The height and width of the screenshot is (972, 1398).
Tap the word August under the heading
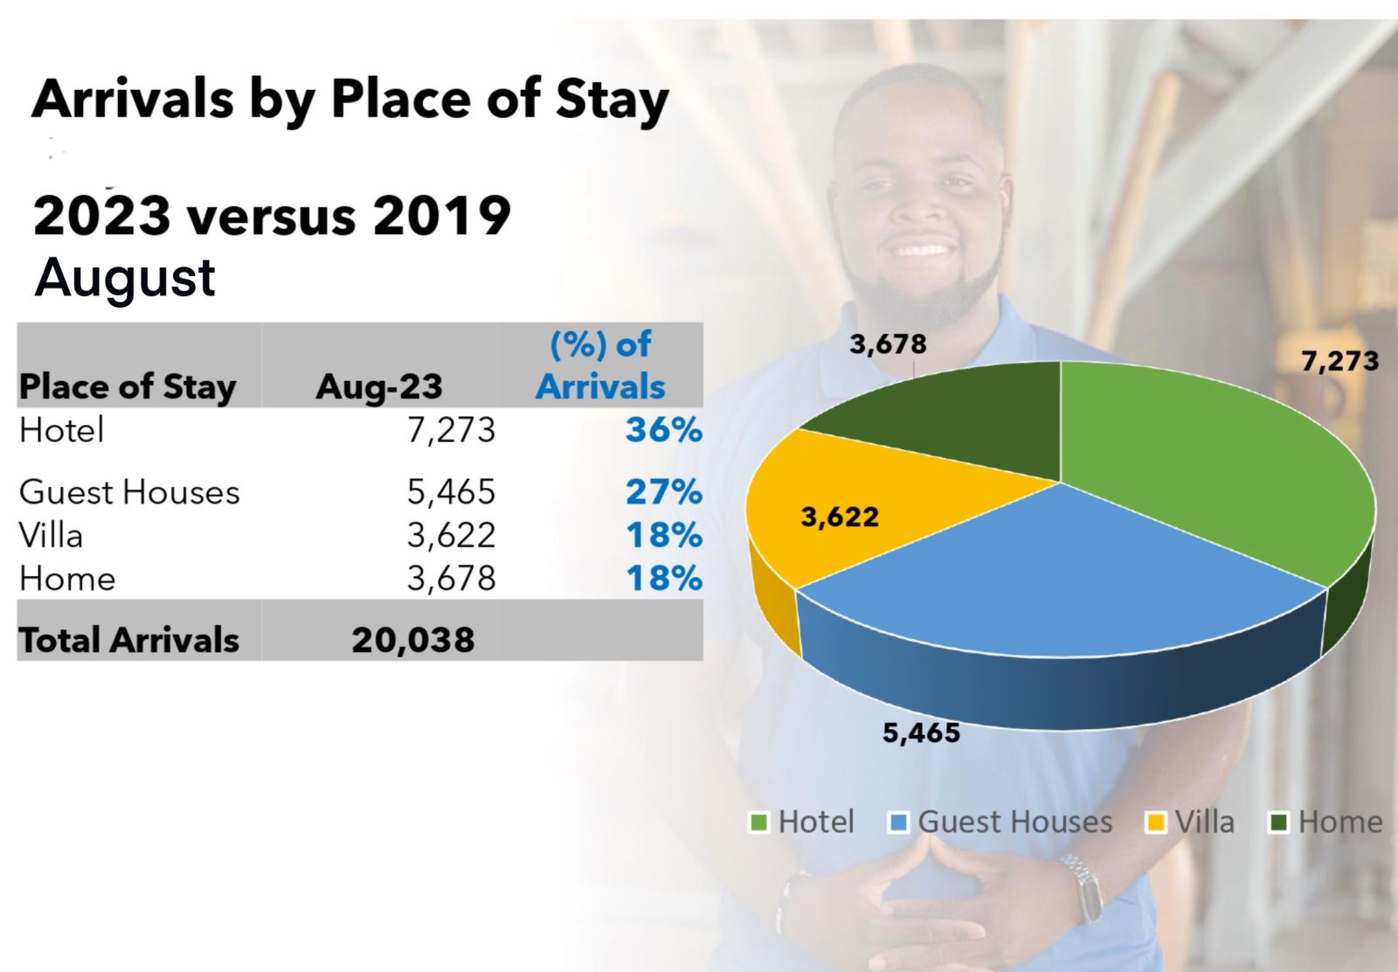click(125, 278)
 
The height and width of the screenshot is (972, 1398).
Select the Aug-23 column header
click(379, 386)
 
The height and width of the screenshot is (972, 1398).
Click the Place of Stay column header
click(128, 386)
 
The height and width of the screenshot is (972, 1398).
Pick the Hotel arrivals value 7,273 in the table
click(451, 430)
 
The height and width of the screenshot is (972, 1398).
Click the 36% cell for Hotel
click(663, 430)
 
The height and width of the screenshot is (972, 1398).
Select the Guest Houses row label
click(129, 492)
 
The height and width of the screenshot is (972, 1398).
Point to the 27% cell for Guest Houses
click(663, 492)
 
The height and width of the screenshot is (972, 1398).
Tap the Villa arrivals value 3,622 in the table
click(451, 535)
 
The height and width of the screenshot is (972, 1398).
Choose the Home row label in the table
click(67, 579)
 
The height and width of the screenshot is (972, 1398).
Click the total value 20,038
click(412, 640)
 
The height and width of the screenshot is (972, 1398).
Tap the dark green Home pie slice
click(961, 420)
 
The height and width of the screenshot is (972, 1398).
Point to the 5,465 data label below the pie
click(921, 732)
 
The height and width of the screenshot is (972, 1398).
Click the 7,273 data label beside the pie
click(1339, 361)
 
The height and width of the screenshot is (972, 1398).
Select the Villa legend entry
click(1192, 823)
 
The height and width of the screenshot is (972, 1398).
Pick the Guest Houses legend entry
click(1001, 823)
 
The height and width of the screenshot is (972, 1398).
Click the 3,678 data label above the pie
click(888, 344)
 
